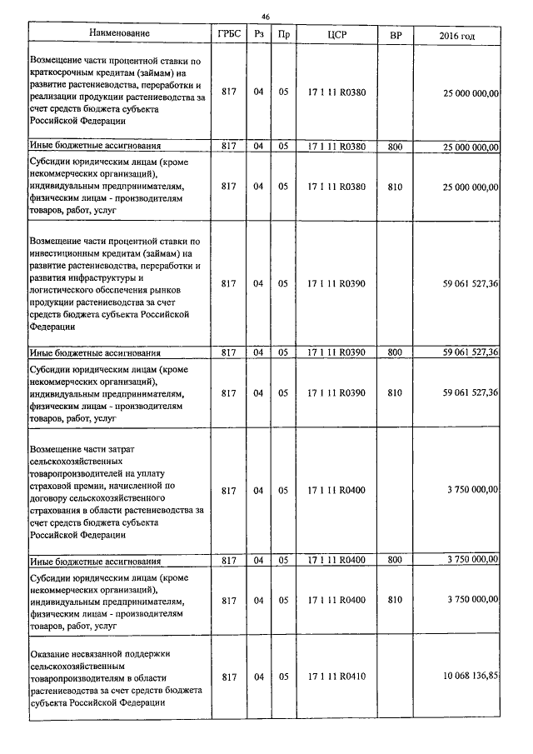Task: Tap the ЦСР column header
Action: click(336, 34)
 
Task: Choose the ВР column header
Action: click(395, 34)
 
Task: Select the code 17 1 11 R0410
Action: click(336, 677)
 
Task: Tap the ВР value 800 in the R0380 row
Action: click(395, 147)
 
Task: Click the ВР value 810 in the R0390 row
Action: click(395, 392)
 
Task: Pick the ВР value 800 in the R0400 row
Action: click(395, 560)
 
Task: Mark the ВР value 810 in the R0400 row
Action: click(395, 599)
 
